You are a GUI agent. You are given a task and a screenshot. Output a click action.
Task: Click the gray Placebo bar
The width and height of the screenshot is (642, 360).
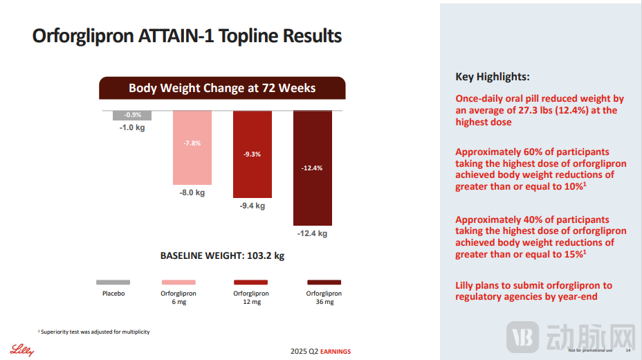[132, 116]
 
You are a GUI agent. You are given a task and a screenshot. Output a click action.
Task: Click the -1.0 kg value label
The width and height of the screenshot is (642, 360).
[132, 127]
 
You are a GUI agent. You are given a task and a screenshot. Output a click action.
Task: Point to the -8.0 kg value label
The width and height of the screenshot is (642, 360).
[192, 192]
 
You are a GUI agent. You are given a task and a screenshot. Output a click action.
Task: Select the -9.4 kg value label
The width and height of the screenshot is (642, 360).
[252, 206]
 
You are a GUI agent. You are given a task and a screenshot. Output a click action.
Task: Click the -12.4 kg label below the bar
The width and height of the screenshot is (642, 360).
[312, 233]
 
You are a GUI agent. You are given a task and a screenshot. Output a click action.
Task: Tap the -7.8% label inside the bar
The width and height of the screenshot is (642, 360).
[192, 143]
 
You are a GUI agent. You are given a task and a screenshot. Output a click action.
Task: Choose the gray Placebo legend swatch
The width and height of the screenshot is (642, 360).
[113, 282]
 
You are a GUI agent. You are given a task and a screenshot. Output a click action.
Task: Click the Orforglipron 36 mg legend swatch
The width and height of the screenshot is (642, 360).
[324, 282]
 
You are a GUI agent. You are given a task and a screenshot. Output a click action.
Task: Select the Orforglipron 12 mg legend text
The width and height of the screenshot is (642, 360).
[251, 298]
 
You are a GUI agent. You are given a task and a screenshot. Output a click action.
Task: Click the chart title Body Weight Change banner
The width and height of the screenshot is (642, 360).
[222, 88]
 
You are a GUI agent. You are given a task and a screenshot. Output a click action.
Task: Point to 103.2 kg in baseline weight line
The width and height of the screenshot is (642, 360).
[265, 255]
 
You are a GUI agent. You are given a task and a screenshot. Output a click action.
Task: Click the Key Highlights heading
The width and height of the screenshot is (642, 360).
[492, 77]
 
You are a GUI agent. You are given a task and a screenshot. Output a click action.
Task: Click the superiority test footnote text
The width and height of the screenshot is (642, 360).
[95, 332]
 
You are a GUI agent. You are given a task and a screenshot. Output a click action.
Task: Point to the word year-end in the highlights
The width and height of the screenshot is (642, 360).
[576, 296]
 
